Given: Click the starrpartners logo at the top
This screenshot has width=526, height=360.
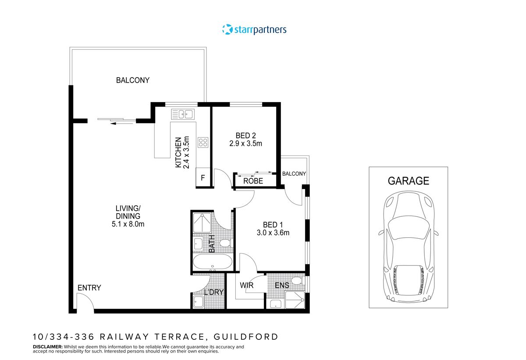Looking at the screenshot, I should coord(254,29).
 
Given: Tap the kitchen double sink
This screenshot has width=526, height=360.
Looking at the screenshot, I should coord(183,114).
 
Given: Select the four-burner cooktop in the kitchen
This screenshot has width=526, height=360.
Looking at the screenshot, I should coord(203,142).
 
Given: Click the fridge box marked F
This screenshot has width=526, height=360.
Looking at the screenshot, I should coord(203,178).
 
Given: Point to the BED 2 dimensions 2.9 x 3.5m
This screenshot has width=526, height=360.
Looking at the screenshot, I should coord(245,143).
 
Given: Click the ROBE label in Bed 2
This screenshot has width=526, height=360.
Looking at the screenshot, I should coord(253,181).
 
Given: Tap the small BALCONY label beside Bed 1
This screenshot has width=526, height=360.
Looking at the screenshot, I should coord(294,174).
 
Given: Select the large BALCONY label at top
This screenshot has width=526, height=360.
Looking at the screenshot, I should coord(132,80).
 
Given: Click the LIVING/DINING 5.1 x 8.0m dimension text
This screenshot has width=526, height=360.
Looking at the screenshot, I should coord(128,224).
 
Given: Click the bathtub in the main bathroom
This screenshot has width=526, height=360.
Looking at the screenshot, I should coord(213,263).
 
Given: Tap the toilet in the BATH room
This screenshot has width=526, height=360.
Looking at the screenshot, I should coord(225,243).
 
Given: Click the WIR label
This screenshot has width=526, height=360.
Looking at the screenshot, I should coord(247,286).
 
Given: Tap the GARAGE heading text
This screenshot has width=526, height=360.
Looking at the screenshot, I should coord(408,180).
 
